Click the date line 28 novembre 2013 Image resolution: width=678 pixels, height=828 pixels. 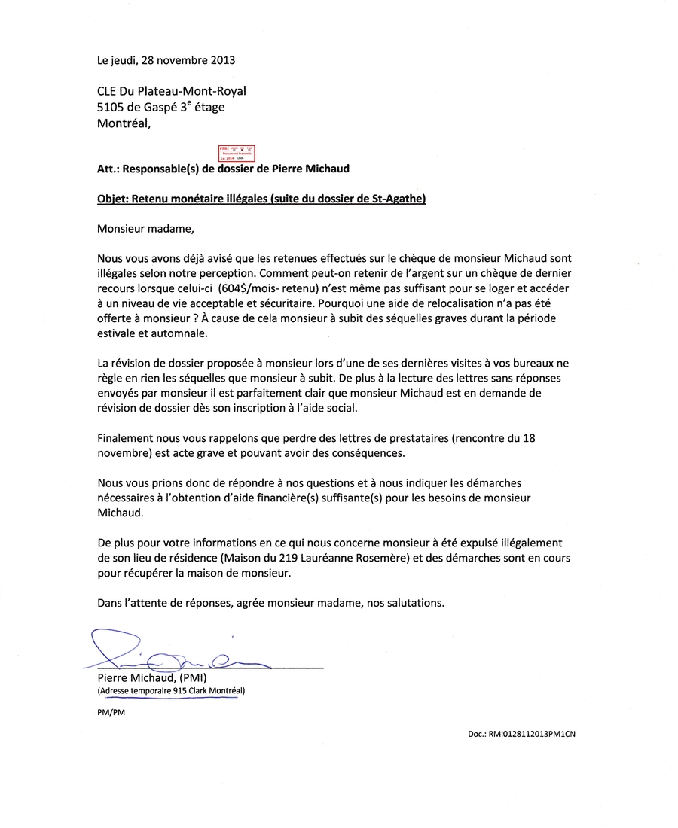(166, 59)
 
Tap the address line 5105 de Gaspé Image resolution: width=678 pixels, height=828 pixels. (160, 108)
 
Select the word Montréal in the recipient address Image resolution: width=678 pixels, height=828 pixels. (124, 124)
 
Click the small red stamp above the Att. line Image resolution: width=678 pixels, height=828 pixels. (237, 153)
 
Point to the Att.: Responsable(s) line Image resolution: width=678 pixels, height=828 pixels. (223, 169)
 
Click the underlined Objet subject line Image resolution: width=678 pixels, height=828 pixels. (261, 199)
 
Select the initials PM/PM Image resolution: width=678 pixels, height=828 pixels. (111, 713)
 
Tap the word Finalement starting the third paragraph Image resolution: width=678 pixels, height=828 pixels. (125, 438)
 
